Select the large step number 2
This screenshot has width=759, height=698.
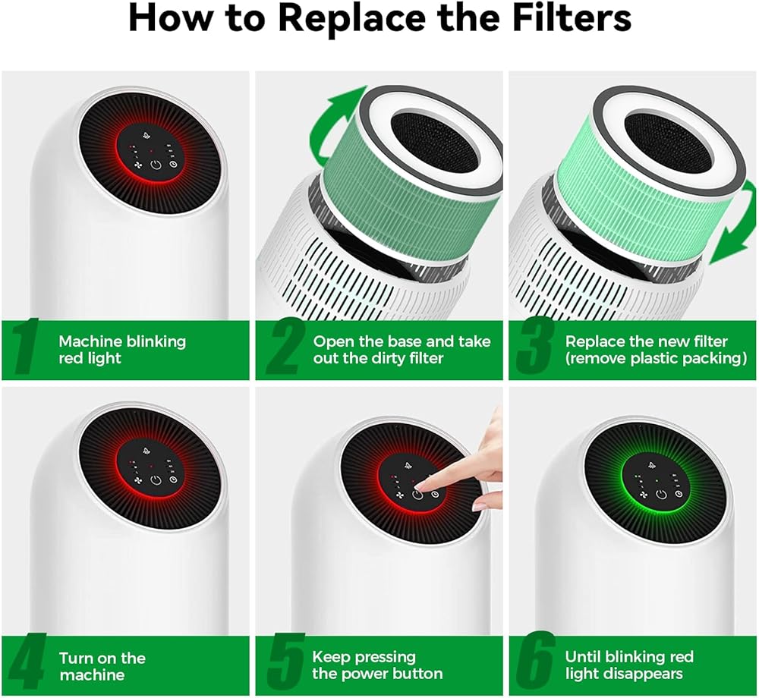[x=285, y=348]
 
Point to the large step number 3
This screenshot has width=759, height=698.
[x=534, y=348]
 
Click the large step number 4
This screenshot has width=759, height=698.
[x=27, y=662]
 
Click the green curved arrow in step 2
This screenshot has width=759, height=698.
[x=322, y=127]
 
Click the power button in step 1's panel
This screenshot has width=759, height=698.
[x=156, y=165]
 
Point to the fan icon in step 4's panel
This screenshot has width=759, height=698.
[x=137, y=481]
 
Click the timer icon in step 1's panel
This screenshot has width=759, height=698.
[x=173, y=165]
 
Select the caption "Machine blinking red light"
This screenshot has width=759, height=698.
[x=122, y=349]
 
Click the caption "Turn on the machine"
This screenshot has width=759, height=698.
[x=102, y=666]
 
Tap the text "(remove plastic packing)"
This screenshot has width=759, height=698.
[x=657, y=358]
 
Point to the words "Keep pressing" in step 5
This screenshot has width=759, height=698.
[x=364, y=657]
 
